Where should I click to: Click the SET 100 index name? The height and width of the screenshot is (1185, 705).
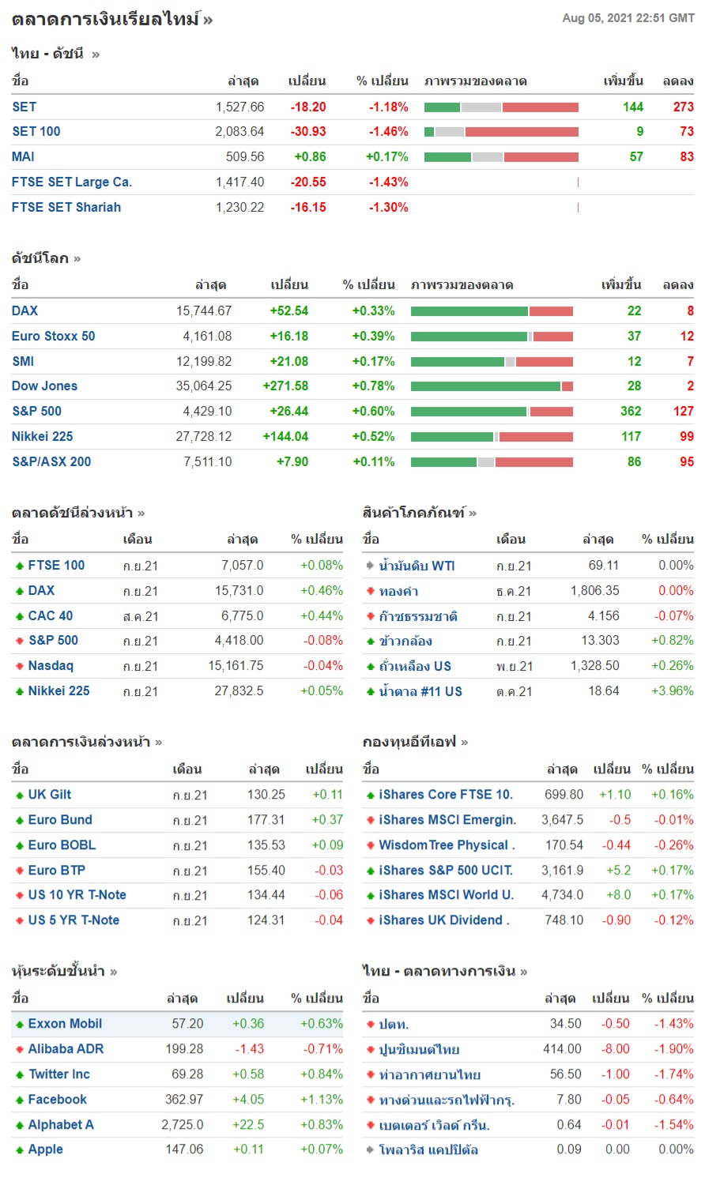pyautogui.click(x=36, y=132)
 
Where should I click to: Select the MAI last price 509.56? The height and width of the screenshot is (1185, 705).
pyautogui.click(x=245, y=157)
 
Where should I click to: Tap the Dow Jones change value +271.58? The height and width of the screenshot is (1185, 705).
pyautogui.click(x=285, y=386)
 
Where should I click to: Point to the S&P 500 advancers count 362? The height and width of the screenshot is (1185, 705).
pyautogui.click(x=631, y=412)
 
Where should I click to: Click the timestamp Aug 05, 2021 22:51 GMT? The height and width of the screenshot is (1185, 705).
pyautogui.click(x=628, y=18)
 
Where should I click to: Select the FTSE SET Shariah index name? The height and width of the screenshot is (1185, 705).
pyautogui.click(x=66, y=208)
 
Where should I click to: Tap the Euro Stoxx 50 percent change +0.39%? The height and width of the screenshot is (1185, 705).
pyautogui.click(x=373, y=337)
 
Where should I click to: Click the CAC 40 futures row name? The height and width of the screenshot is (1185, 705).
pyautogui.click(x=51, y=616)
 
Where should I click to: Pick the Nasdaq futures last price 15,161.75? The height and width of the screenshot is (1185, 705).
pyautogui.click(x=236, y=666)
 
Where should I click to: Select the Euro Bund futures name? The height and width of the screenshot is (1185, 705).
pyautogui.click(x=60, y=820)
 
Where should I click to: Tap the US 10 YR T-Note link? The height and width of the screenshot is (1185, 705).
pyautogui.click(x=77, y=895)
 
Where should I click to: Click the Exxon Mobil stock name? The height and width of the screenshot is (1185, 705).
pyautogui.click(x=65, y=1024)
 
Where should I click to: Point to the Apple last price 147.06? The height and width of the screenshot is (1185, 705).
pyautogui.click(x=184, y=1149)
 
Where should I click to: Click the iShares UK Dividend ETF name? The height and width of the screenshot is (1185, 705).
pyautogui.click(x=443, y=920)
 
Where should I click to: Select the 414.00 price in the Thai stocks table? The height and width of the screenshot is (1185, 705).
pyautogui.click(x=562, y=1049)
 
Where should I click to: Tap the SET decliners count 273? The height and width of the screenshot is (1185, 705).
pyautogui.click(x=683, y=107)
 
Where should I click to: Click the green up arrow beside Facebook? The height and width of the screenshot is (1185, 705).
pyautogui.click(x=20, y=1100)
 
